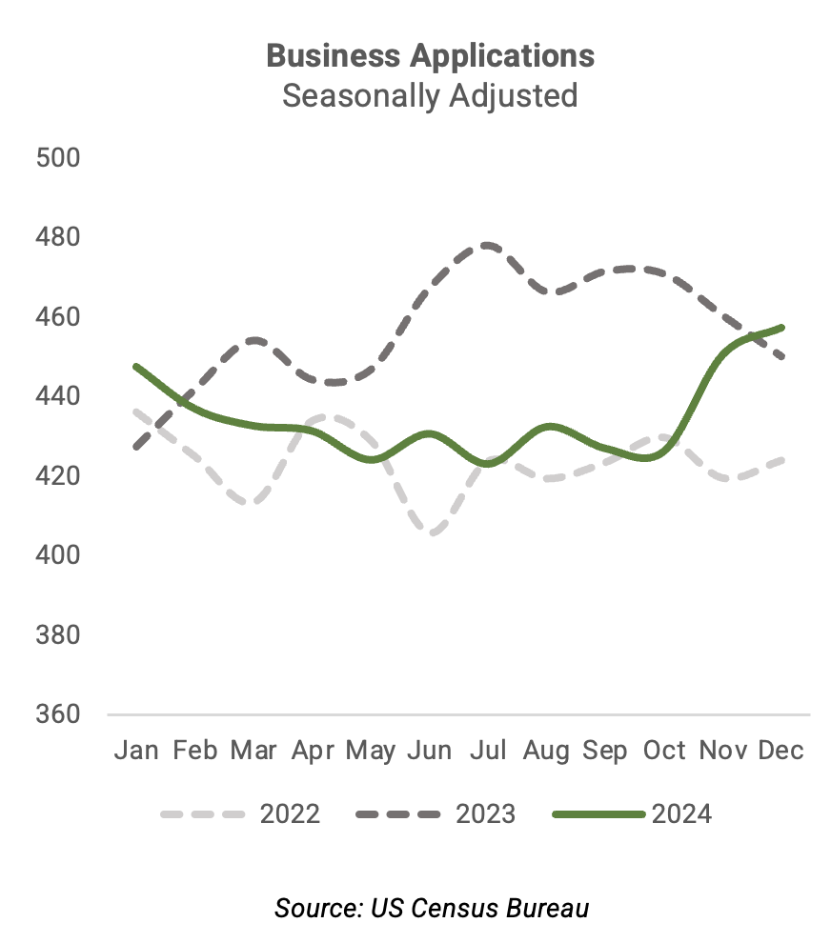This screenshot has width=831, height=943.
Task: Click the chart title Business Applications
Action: click(x=430, y=55)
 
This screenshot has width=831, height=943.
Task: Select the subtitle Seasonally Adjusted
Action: click(x=430, y=96)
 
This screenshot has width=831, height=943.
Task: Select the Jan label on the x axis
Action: click(x=136, y=751)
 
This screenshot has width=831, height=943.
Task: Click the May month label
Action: click(x=371, y=751)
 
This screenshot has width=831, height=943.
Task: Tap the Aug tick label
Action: click(x=546, y=751)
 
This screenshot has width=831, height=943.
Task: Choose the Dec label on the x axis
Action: click(x=781, y=751)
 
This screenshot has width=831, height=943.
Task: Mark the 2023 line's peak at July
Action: click(x=488, y=245)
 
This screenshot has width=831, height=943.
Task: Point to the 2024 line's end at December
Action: click(x=781, y=328)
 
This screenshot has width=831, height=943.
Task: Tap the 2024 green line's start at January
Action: click(x=136, y=366)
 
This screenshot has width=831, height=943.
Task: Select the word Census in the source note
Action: click(x=445, y=908)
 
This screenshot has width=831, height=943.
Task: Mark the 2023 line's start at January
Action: click(x=136, y=446)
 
